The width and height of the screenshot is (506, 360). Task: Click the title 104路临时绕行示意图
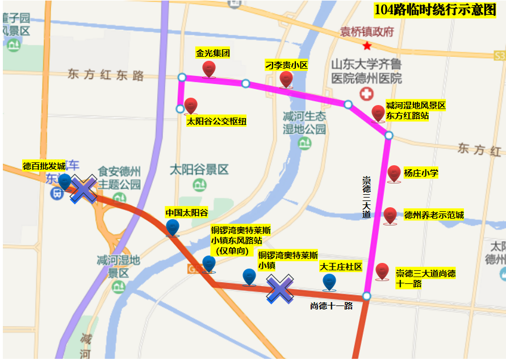tap(435, 10)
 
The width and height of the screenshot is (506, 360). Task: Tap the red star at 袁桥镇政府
tap(367, 45)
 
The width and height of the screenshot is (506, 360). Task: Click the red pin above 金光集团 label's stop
tap(208, 69)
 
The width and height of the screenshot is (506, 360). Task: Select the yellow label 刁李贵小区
tap(286, 65)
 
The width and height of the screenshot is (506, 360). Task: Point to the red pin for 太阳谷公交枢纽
tap(191, 106)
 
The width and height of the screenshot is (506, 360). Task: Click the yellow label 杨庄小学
tap(421, 173)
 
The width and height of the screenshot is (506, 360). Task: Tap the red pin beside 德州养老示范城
tap(390, 215)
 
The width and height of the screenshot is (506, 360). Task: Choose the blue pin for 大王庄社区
tap(329, 282)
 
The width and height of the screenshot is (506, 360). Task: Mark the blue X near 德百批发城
tap(83, 189)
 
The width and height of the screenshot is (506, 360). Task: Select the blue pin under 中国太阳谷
tap(173, 227)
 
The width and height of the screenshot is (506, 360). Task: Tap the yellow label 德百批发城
tap(44, 166)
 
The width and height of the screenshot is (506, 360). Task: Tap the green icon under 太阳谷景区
tap(199, 185)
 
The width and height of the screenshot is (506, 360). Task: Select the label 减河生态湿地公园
tap(304, 123)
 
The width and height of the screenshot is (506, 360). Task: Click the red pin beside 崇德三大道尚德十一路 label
tap(382, 271)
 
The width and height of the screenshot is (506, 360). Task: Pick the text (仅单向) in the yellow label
tap(232, 250)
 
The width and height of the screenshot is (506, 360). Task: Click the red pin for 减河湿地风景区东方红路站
tap(378, 113)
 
